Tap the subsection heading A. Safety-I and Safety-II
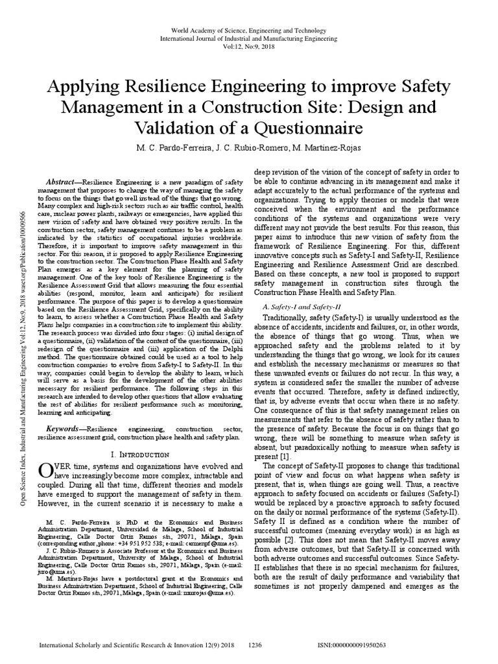click(x=302, y=305)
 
